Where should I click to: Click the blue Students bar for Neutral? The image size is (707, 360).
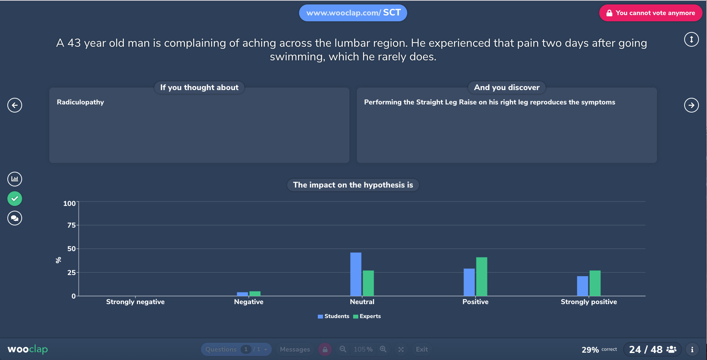tap(356, 274)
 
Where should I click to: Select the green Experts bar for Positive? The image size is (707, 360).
tap(482, 277)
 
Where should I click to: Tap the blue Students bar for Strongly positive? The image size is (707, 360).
tap(582, 286)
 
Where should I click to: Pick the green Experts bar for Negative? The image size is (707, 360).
tap(255, 293)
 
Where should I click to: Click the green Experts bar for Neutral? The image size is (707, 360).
tap(368, 283)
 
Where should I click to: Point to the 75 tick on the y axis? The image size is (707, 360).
tap(71, 225)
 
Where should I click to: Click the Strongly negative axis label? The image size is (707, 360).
tap(135, 302)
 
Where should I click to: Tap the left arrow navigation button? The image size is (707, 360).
tap(15, 105)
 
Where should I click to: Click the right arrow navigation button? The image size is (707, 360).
tap(691, 105)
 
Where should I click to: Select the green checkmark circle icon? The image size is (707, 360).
tap(15, 199)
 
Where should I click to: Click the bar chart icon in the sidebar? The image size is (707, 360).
tap(15, 179)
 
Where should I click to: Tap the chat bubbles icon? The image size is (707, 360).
tap(15, 218)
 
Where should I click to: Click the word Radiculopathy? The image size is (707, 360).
tap(80, 102)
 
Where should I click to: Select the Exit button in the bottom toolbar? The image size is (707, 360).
tap(422, 349)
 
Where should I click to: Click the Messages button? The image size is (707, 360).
tap(295, 349)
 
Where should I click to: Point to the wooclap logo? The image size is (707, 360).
tap(28, 349)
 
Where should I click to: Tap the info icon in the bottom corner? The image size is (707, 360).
tap(692, 349)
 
